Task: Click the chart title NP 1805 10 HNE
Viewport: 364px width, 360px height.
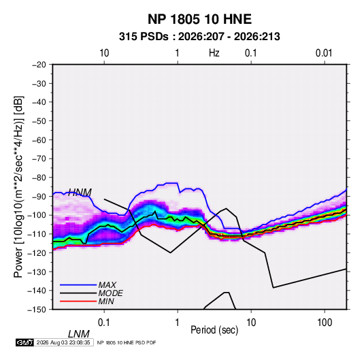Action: coord(199,19)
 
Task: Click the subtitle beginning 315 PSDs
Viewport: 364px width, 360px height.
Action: coord(199,37)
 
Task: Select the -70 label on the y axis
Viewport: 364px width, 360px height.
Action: coord(39,159)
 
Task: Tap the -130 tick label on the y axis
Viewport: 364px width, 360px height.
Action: coord(37,272)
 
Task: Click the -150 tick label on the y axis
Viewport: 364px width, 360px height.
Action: coord(37,310)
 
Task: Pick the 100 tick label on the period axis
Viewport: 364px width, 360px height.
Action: coord(325,323)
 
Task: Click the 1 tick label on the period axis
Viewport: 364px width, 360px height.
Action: coord(178,323)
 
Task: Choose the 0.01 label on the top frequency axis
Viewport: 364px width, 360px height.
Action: coord(324,53)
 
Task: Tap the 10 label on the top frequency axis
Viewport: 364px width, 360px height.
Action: coord(104,53)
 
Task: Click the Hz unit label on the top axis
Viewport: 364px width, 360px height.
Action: coord(214,53)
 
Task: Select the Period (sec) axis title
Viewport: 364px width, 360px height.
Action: coord(214,330)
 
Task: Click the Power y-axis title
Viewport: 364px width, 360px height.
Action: coord(18,186)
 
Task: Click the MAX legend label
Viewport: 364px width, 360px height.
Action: coord(107,285)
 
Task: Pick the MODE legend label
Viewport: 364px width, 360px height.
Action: coord(110,293)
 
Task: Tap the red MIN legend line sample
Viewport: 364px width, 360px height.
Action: coord(78,301)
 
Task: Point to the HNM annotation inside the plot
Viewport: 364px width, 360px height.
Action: coord(80,193)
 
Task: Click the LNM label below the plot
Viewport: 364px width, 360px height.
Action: coord(79,334)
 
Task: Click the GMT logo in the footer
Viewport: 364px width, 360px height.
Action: coord(25,342)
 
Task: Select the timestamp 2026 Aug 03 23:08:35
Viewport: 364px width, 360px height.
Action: coord(63,342)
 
